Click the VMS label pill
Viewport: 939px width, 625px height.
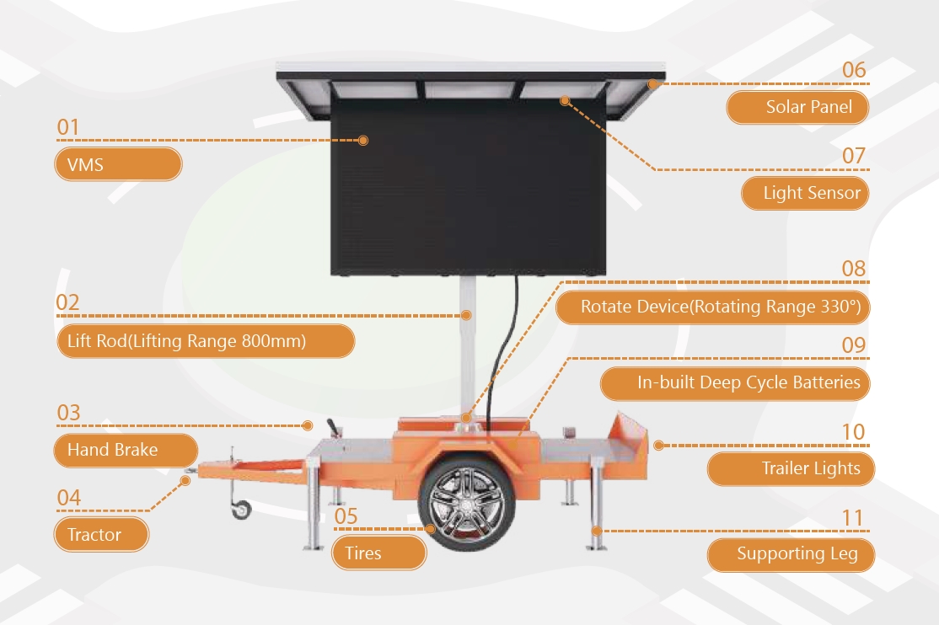pos(118,164)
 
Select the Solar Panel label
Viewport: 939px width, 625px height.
pos(797,107)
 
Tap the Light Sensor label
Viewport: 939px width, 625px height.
pos(804,193)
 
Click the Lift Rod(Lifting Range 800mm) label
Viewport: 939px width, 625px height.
pos(205,341)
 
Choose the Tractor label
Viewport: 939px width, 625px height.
pos(102,534)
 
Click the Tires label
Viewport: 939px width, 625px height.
pos(379,553)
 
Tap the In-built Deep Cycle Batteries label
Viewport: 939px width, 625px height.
pos(735,383)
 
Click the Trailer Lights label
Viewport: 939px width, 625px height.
pos(791,468)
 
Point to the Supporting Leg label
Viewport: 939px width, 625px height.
pos(791,554)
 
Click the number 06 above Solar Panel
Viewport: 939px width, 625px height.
pos(854,70)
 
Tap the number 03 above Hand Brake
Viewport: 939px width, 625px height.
pos(68,413)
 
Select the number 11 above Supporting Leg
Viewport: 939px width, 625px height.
pos(854,517)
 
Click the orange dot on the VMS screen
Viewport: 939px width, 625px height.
pos(363,141)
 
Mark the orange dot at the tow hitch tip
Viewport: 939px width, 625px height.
pos(186,480)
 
